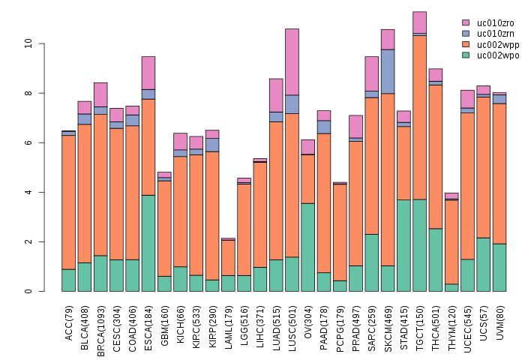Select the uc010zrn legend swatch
point(466,34)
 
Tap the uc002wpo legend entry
point(492,55)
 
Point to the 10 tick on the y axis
point(28,43)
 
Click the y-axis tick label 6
point(28,142)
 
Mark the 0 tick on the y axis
point(28,291)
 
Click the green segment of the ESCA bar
point(148,243)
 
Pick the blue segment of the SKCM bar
point(388,71)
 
